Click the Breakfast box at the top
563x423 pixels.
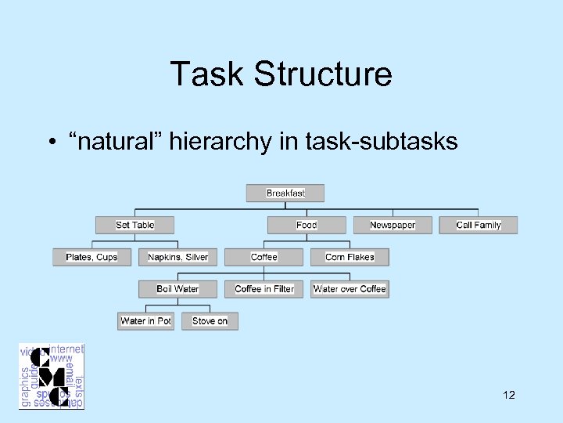coord(285,193)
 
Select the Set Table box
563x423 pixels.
coord(134,225)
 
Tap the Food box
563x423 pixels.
coord(307,225)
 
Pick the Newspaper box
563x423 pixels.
coord(393,225)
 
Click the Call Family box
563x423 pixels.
coord(479,225)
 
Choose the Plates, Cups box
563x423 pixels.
coord(91,257)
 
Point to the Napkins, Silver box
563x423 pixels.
coord(178,257)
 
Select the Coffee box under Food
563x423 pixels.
coord(264,257)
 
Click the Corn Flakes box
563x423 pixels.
coord(350,257)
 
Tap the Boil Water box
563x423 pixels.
coord(178,289)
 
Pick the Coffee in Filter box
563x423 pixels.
coord(264,289)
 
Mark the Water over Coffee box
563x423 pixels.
coord(350,289)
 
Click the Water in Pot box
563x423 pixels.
coord(146,321)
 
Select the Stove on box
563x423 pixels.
coord(210,321)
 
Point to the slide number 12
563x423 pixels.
coord(509,396)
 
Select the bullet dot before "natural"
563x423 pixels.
coord(49,143)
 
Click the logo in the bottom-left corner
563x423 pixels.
coord(52,376)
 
